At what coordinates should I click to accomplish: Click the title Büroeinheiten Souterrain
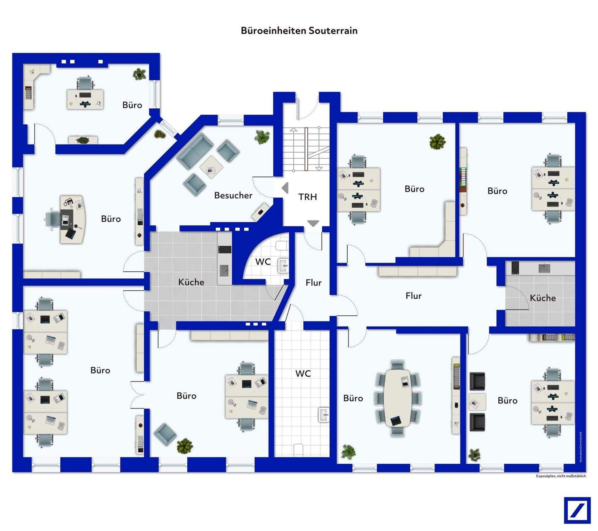tap(299, 31)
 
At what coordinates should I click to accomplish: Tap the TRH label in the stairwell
tap(307, 197)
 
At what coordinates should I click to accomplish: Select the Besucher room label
tap(233, 195)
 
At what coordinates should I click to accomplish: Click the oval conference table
tap(398, 398)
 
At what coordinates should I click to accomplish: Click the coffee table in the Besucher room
tap(211, 167)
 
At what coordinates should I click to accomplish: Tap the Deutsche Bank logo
tap(577, 510)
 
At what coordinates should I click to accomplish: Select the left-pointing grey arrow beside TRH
tap(285, 188)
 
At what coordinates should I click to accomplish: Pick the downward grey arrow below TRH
tap(313, 224)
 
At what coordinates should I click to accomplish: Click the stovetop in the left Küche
tap(225, 249)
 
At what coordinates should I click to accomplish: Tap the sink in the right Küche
tap(544, 268)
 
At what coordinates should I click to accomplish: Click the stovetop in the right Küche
tap(515, 268)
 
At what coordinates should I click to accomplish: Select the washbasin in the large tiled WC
tap(324, 415)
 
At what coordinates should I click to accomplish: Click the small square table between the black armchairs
tap(477, 402)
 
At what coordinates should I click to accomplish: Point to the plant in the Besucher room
tap(262, 137)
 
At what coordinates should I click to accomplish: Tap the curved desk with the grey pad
tap(73, 219)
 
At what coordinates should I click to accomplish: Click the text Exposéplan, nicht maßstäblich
tap(561, 476)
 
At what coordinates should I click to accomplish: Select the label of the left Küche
tap(191, 282)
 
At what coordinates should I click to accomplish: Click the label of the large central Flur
tap(413, 296)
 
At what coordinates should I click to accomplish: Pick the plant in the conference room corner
tap(348, 452)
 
